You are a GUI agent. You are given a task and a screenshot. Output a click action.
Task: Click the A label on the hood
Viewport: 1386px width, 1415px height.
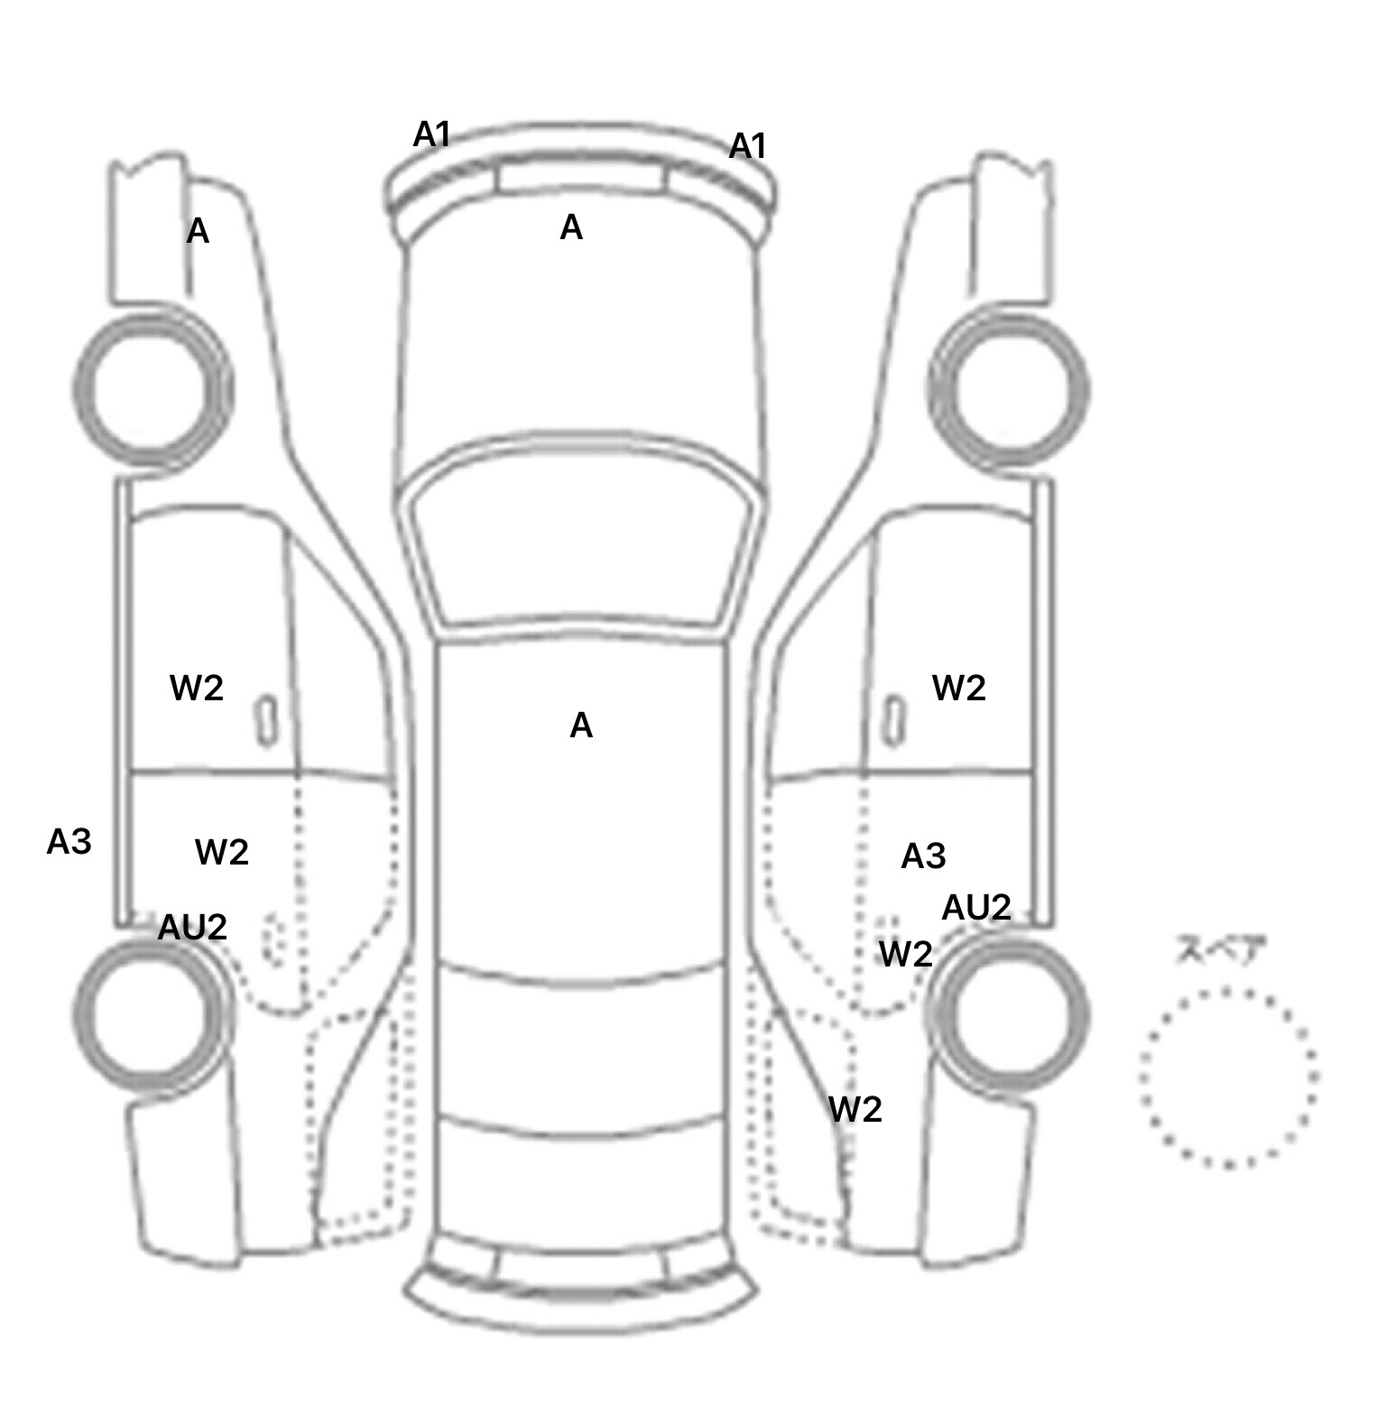pyautogui.click(x=571, y=227)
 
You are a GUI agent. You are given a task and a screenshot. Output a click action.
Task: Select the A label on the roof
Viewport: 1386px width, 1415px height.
pyautogui.click(x=581, y=726)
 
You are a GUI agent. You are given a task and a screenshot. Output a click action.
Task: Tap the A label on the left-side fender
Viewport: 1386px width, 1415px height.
pyautogui.click(x=198, y=232)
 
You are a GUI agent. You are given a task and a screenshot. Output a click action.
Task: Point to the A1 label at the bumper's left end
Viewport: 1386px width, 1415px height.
pyautogui.click(x=431, y=135)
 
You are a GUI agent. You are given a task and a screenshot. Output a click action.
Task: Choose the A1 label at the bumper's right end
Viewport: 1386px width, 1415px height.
pyautogui.click(x=747, y=145)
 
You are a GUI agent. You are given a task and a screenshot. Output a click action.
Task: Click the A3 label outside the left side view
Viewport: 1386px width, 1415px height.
pyautogui.click(x=69, y=842)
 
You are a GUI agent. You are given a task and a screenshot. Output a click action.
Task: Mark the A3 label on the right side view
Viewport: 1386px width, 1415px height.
pyautogui.click(x=923, y=855)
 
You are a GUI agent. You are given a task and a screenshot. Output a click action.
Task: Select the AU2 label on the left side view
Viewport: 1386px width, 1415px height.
pyautogui.click(x=192, y=927)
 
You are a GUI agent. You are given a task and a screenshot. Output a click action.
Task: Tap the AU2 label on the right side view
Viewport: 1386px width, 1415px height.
pyautogui.click(x=975, y=907)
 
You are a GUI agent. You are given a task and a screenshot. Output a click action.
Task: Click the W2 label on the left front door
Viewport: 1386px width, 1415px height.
pyautogui.click(x=196, y=689)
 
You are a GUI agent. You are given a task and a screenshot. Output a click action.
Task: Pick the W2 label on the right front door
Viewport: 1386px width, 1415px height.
pyautogui.click(x=958, y=689)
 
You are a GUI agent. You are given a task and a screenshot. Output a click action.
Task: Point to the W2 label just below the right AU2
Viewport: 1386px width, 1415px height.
pyautogui.click(x=905, y=954)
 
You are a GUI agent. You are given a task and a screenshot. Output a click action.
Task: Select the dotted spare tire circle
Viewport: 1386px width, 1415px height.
pyautogui.click(x=1228, y=1077)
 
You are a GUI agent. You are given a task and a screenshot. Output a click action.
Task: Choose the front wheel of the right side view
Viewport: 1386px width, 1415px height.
pyautogui.click(x=1009, y=390)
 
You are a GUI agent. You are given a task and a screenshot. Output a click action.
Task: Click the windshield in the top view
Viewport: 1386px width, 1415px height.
pyautogui.click(x=582, y=541)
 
